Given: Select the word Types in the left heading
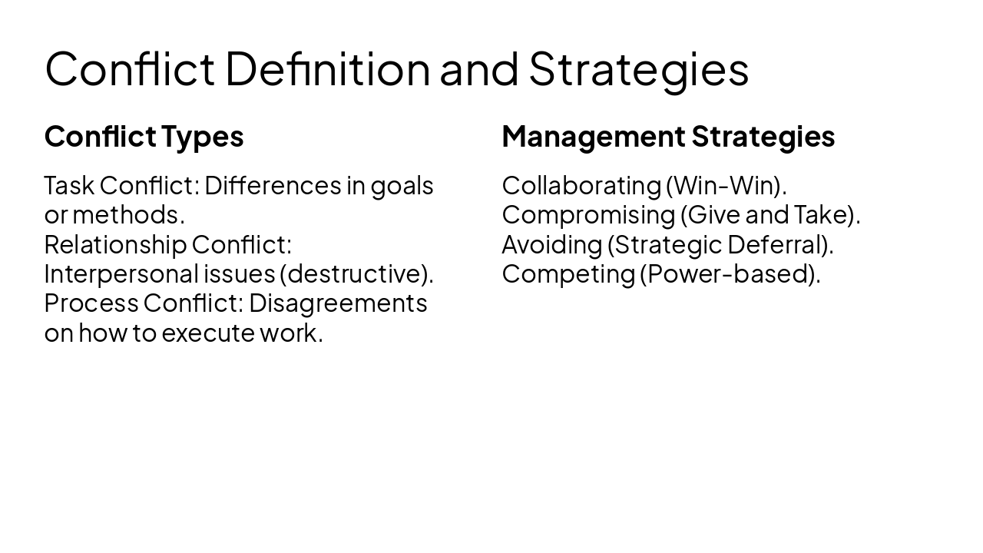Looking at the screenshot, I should tap(203, 137).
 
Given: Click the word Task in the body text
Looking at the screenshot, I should tap(68, 186).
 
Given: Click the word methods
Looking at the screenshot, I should tap(128, 215).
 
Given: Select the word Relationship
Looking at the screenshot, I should tap(115, 245).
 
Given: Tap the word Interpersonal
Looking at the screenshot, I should tap(121, 274).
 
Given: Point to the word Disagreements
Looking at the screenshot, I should tap(338, 304).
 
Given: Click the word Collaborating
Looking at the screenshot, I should tap(581, 186).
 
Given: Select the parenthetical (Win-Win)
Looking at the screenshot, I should tap(726, 186).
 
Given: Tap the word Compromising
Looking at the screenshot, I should tap(587, 215).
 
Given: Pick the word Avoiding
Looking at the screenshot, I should tap(551, 245).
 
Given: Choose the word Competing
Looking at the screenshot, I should tap(568, 274).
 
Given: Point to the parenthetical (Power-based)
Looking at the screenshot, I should tap(730, 274).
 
